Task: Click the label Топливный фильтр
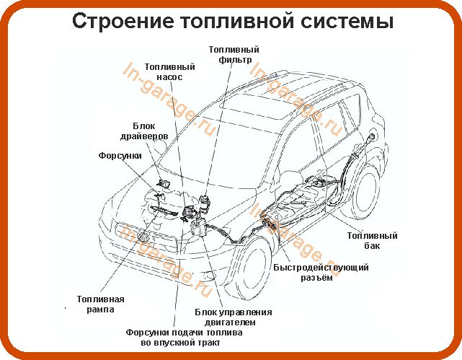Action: coord(234,55)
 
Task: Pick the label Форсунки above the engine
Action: coord(120,155)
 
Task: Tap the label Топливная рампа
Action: coord(101,304)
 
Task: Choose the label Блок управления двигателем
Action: coord(234,317)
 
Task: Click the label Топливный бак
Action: coord(372,241)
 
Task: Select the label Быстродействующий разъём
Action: coord(321,273)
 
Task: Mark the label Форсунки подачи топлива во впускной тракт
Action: coord(177,338)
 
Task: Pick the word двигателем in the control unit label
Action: coord(234,322)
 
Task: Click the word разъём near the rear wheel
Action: coord(317,278)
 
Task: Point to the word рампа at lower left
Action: coord(101,309)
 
